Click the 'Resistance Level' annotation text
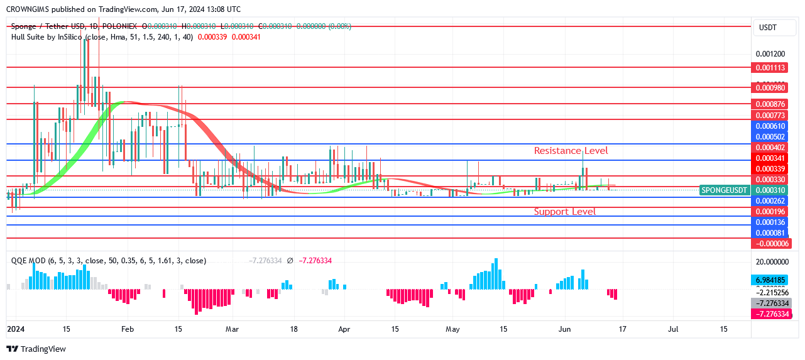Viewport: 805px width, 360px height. tap(571, 151)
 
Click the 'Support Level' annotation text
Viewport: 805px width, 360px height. tap(564, 212)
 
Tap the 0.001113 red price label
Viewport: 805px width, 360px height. tap(771, 68)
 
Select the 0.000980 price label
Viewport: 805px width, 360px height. tap(771, 88)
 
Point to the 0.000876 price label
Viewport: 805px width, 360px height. tap(771, 104)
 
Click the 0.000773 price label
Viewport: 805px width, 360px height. tap(771, 116)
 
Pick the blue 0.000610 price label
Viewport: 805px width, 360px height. tap(771, 126)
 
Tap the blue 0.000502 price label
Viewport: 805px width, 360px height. tap(771, 137)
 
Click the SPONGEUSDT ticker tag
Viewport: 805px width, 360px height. tap(725, 190)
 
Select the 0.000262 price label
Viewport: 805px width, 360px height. tap(771, 201)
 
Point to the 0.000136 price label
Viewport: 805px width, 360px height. tap(771, 222)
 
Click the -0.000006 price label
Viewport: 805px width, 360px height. tap(771, 243)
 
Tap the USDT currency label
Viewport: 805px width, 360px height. tap(768, 28)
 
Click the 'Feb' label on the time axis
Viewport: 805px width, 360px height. tap(128, 329)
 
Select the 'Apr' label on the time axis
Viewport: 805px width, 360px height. tap(344, 329)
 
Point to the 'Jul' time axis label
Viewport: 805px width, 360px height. tap(673, 329)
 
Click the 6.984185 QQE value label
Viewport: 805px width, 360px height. tap(771, 280)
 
